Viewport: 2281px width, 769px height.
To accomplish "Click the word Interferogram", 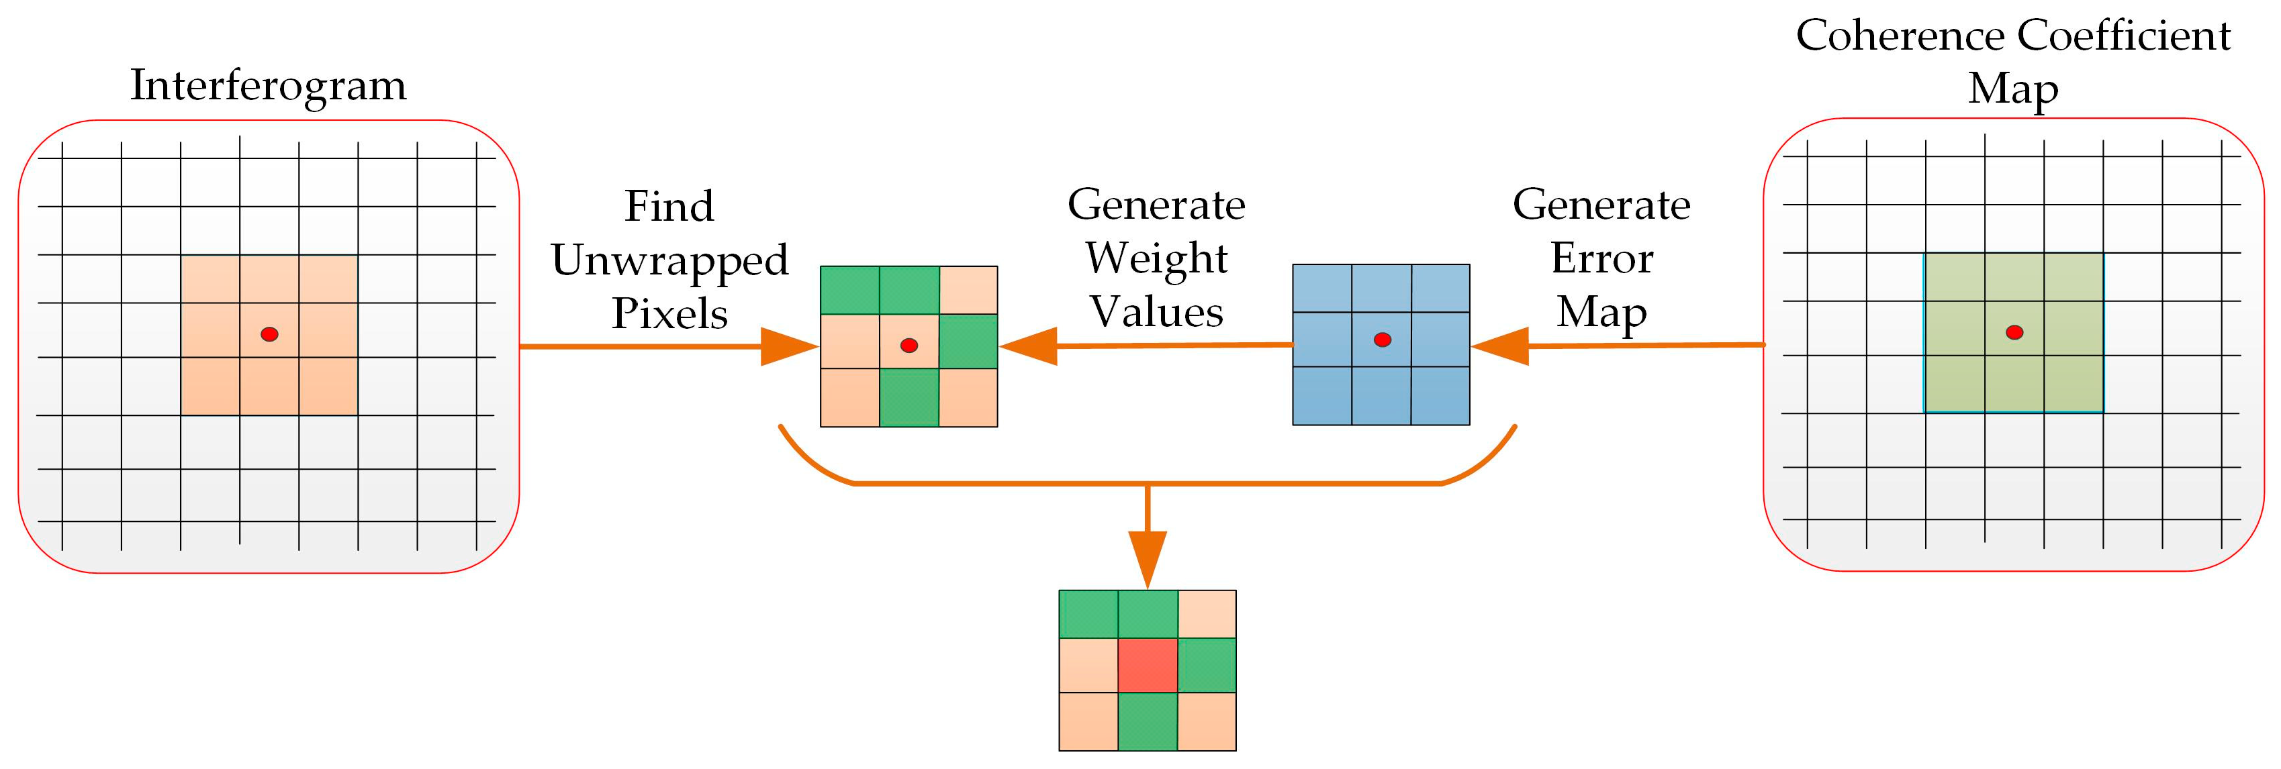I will [x=269, y=86].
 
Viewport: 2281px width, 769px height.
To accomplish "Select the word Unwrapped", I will [x=669, y=261].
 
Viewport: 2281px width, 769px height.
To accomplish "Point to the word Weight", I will [x=1156, y=259].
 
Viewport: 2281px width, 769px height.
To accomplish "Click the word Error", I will [x=1602, y=258].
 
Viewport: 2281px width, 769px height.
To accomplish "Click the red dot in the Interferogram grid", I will [x=269, y=334].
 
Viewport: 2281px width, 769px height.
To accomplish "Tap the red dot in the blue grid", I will [x=1383, y=339].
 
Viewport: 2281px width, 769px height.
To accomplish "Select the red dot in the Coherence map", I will [x=2014, y=332].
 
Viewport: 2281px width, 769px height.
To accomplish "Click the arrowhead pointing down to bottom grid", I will [x=1148, y=558].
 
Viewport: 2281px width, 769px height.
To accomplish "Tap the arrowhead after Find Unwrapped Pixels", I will [x=787, y=347].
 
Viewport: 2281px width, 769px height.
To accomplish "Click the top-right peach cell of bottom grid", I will [x=1207, y=614].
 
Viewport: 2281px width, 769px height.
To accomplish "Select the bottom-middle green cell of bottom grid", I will [x=1148, y=721].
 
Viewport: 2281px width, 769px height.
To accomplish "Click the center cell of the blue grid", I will [x=1381, y=339].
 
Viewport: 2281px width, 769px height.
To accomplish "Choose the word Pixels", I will [x=669, y=314].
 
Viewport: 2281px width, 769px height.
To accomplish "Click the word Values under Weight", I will [x=1156, y=313].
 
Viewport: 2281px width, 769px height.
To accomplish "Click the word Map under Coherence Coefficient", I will [x=2012, y=89].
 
